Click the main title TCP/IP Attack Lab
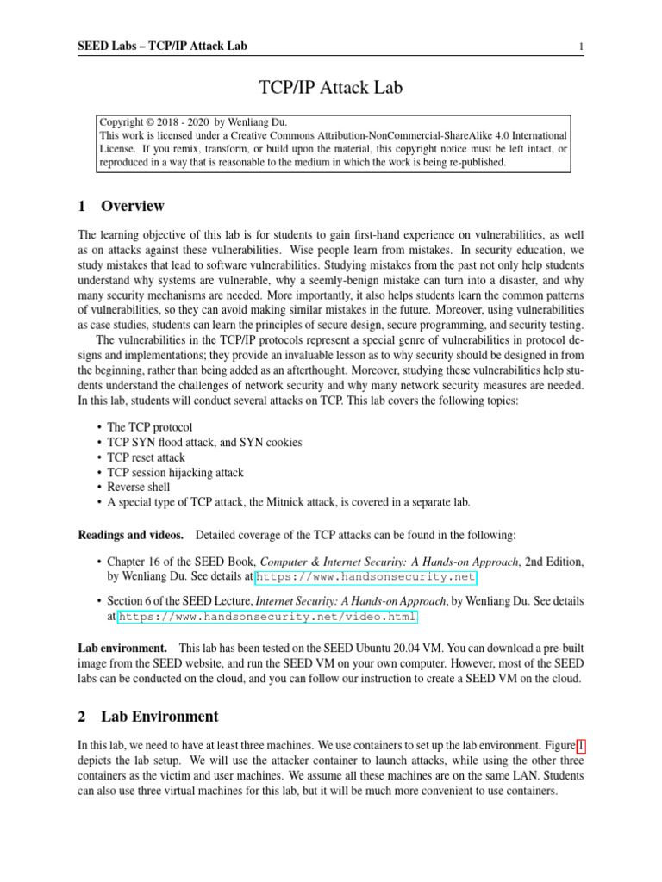pyautogui.click(x=331, y=87)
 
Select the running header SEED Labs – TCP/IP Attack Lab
pyautogui.click(x=163, y=46)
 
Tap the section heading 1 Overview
pyautogui.click(x=121, y=207)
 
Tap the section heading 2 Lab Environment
pyautogui.click(x=148, y=717)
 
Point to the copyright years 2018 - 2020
pyautogui.click(x=178, y=123)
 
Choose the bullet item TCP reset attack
pyautogui.click(x=147, y=457)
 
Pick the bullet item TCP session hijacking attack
pyautogui.click(x=176, y=472)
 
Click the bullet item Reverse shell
pyautogui.click(x=139, y=487)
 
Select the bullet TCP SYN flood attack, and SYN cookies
pyautogui.click(x=204, y=442)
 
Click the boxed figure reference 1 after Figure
pyautogui.click(x=579, y=747)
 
